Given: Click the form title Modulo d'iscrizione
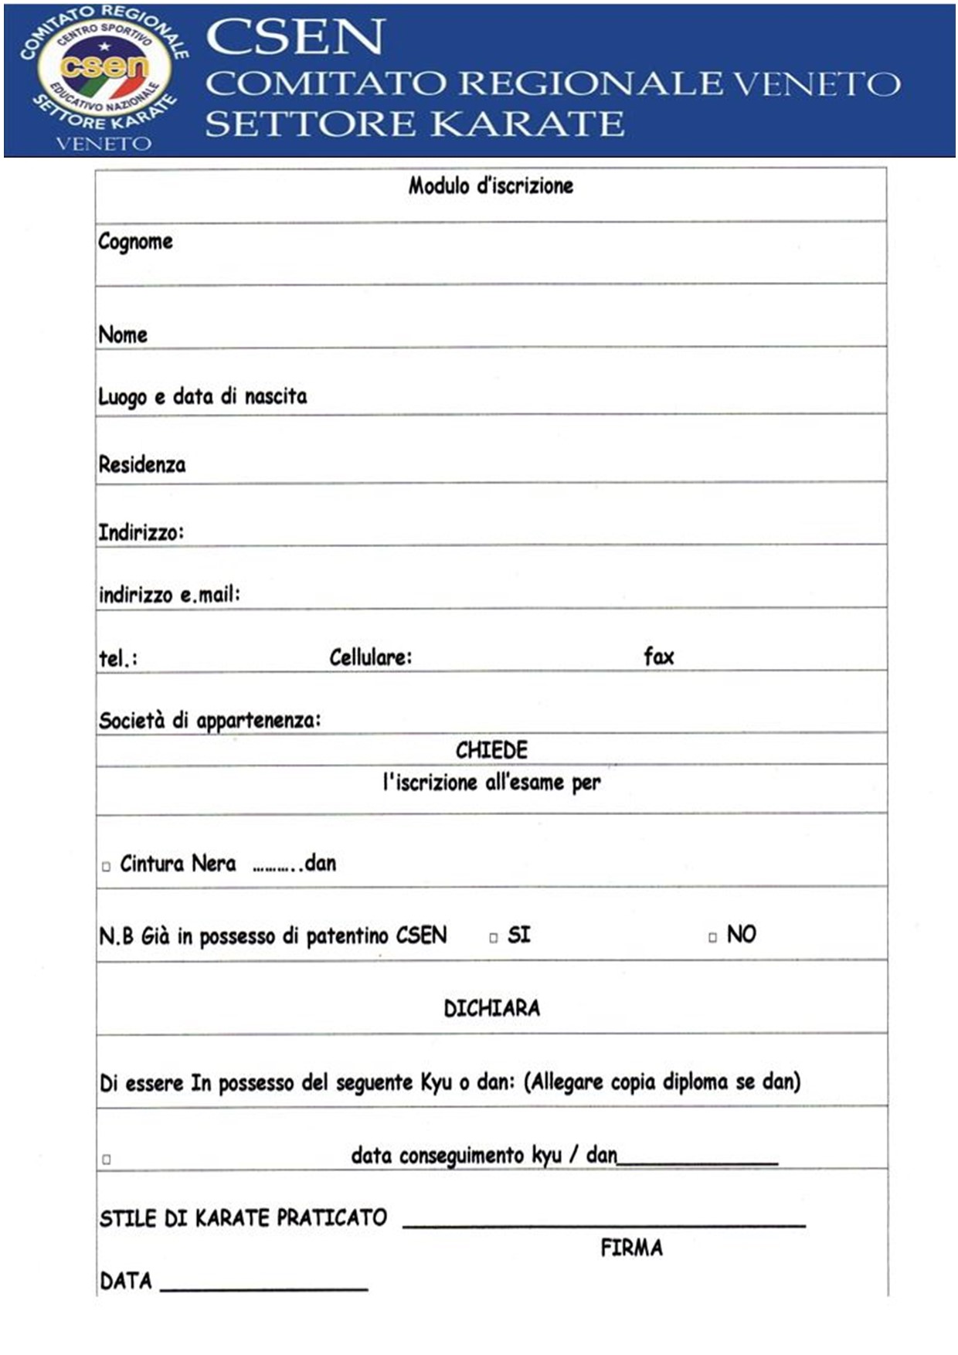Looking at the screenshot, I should click(491, 186).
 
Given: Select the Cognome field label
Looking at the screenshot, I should click(135, 242).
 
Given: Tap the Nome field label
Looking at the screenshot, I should click(123, 335).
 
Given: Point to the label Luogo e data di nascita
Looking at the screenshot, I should click(202, 397).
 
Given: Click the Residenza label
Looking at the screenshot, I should click(142, 464).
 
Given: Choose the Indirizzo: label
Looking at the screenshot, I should click(141, 532).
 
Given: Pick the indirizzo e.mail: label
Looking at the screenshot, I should click(169, 594).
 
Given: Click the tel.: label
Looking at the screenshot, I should click(118, 658).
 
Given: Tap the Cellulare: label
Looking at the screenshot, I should click(371, 657).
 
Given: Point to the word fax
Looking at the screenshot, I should click(659, 657).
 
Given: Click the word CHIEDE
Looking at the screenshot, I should click(491, 750).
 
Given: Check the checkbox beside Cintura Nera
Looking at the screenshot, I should click(107, 867).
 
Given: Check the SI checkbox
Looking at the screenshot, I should click(494, 938).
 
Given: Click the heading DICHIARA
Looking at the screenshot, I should click(491, 1008).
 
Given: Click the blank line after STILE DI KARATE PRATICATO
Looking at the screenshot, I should click(603, 1223).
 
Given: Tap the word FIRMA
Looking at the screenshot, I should click(631, 1248).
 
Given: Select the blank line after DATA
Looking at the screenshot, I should click(263, 1286).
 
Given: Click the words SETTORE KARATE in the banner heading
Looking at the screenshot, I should click(415, 124).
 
